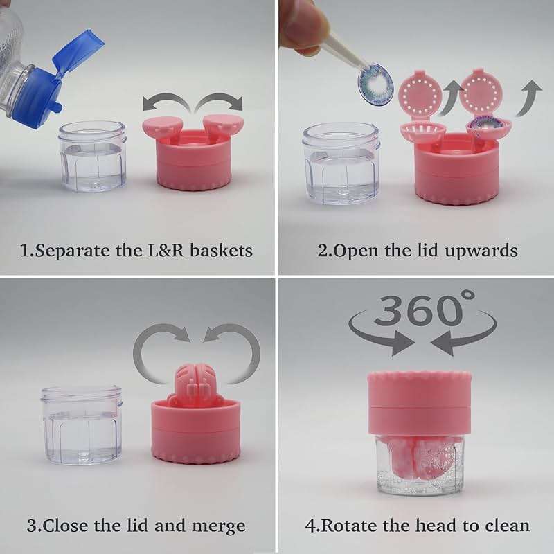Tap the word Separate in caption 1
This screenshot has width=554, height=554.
[x=69, y=249]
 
